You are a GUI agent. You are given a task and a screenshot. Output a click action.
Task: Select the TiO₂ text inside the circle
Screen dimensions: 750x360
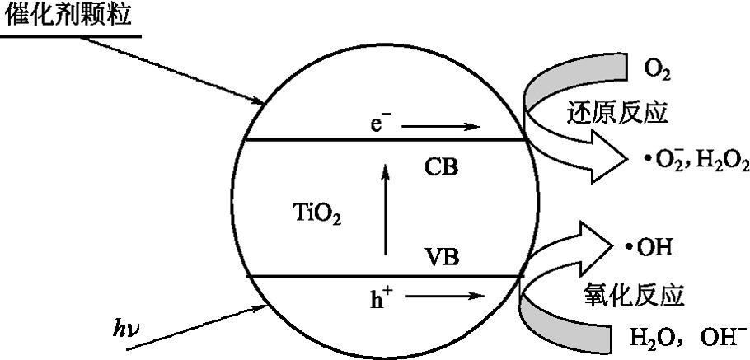pos(316,216)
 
